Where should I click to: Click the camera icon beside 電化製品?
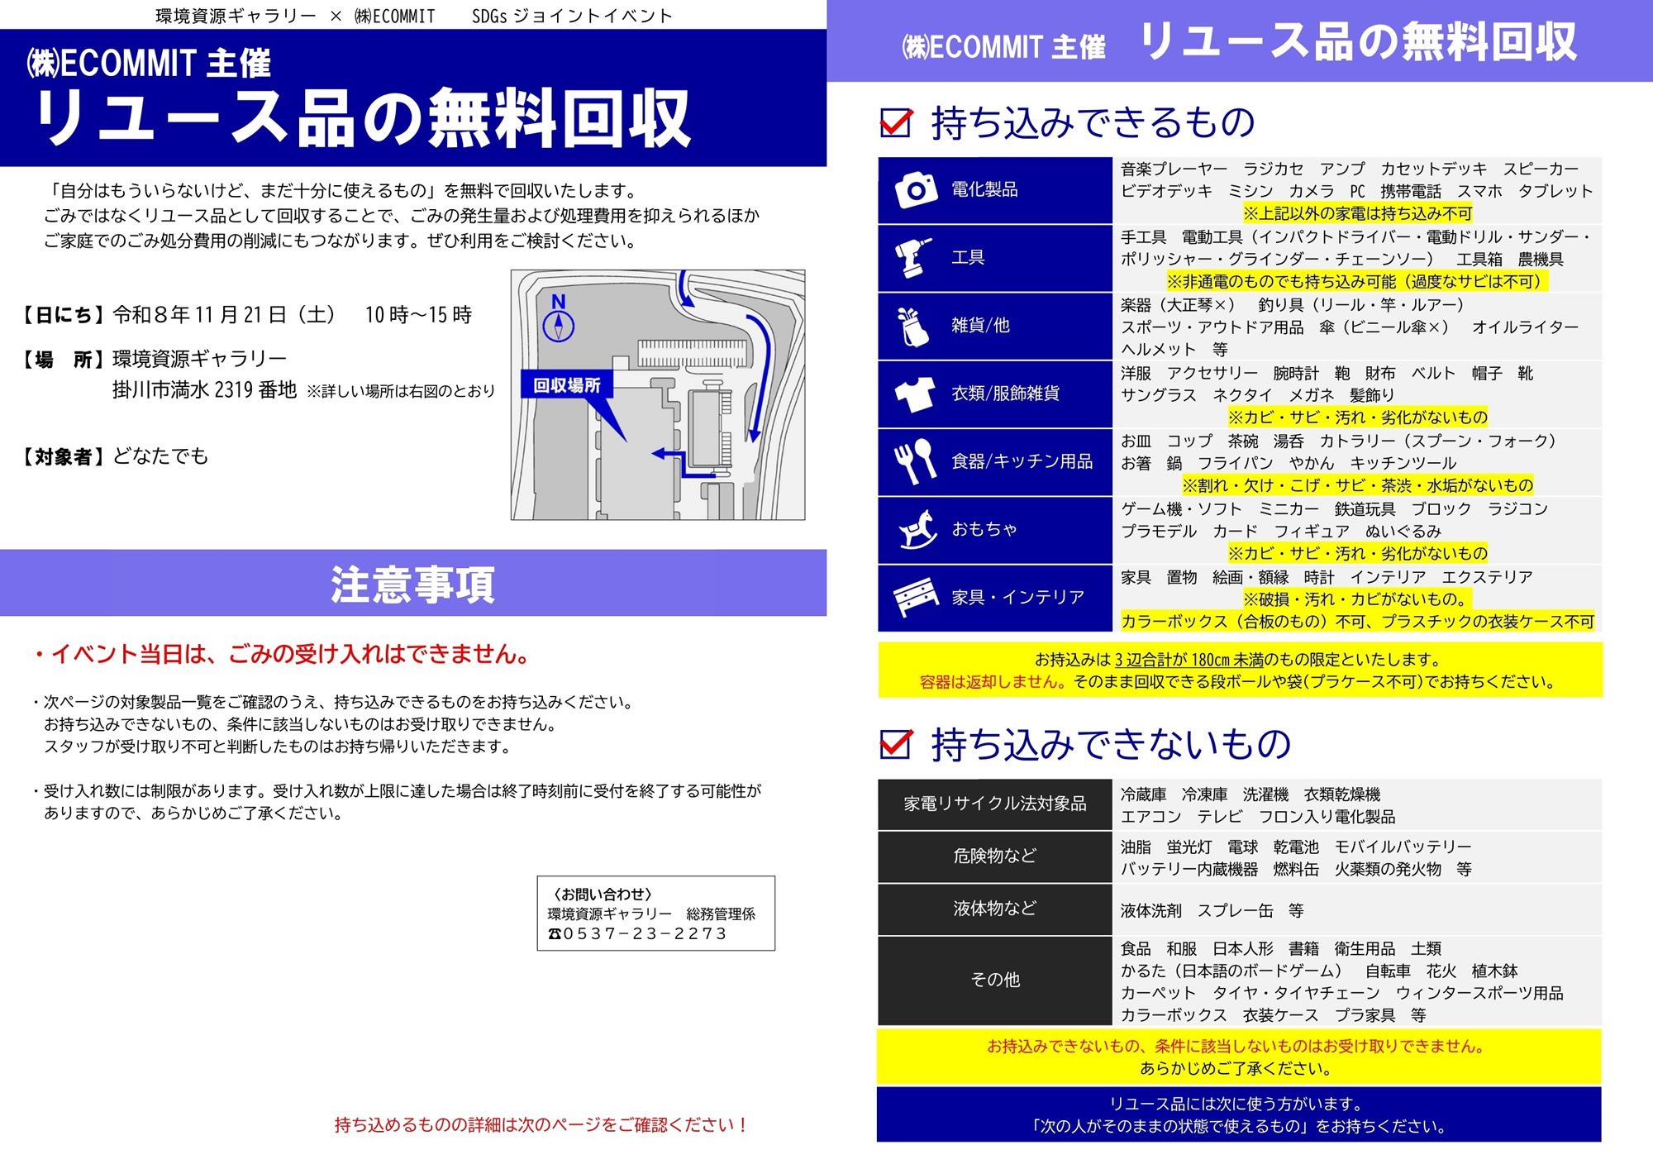tap(916, 190)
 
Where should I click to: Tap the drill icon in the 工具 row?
tap(913, 257)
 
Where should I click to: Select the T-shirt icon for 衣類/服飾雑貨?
tap(915, 394)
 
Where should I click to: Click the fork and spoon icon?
tap(915, 461)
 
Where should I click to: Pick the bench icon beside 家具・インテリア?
tap(916, 597)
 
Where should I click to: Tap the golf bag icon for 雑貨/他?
tap(913, 326)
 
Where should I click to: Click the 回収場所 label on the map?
tap(566, 385)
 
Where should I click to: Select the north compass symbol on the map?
tap(559, 318)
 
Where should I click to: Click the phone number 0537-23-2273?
tap(645, 933)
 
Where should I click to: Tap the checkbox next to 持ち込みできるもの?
tap(897, 122)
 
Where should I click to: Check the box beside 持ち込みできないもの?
tap(897, 743)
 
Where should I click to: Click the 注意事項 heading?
tap(413, 584)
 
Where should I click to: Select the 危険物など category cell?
tap(994, 856)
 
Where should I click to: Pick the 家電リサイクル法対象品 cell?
tap(994, 804)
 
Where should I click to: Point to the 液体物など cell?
tap(994, 909)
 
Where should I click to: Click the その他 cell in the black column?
tap(994, 981)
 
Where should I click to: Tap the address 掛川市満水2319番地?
tap(204, 390)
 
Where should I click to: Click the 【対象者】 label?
tap(63, 456)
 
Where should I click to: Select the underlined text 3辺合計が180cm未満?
tap(1189, 660)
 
